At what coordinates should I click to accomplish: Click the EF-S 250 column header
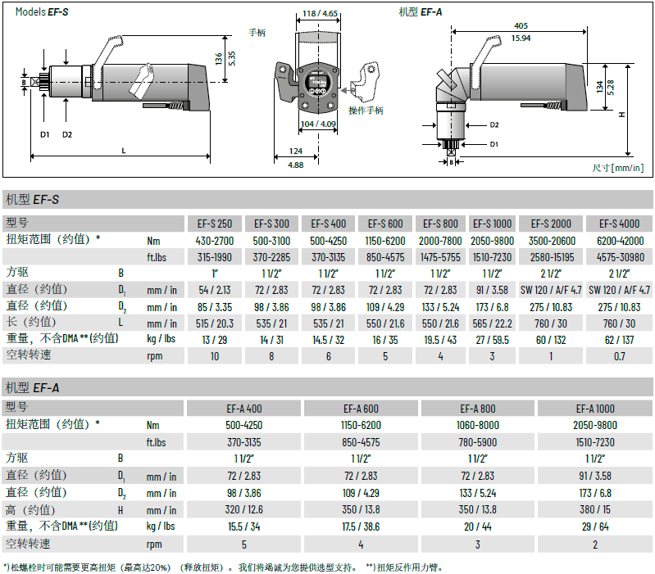click(215, 224)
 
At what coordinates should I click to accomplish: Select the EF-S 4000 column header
click(619, 224)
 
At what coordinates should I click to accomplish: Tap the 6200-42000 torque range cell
click(620, 241)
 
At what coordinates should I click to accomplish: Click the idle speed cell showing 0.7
click(619, 356)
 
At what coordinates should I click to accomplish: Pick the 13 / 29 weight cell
click(214, 340)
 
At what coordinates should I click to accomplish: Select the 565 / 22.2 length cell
click(492, 323)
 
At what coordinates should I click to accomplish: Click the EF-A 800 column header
click(477, 409)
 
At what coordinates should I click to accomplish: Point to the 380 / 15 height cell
click(595, 509)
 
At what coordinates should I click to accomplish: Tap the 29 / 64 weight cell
click(595, 527)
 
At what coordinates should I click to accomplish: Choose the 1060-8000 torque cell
click(477, 425)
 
